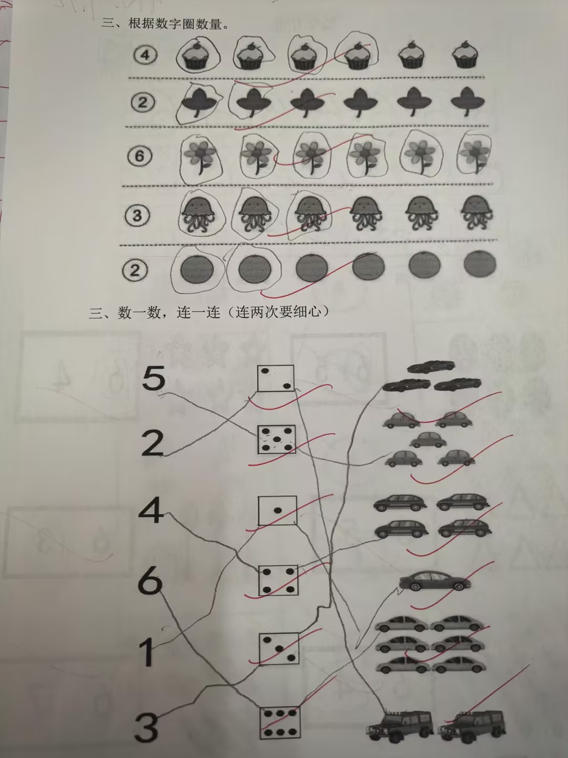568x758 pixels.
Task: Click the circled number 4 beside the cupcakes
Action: tap(146, 55)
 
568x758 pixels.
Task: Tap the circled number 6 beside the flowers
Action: tap(139, 156)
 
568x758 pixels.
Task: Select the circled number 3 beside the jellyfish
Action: tap(137, 216)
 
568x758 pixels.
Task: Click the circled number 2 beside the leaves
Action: tap(143, 102)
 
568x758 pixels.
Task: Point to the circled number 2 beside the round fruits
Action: tap(135, 270)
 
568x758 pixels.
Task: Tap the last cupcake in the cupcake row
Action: tap(465, 54)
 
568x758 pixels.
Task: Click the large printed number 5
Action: tap(154, 378)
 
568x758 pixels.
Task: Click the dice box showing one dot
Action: tap(277, 511)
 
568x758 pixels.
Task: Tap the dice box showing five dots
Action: tap(277, 440)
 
